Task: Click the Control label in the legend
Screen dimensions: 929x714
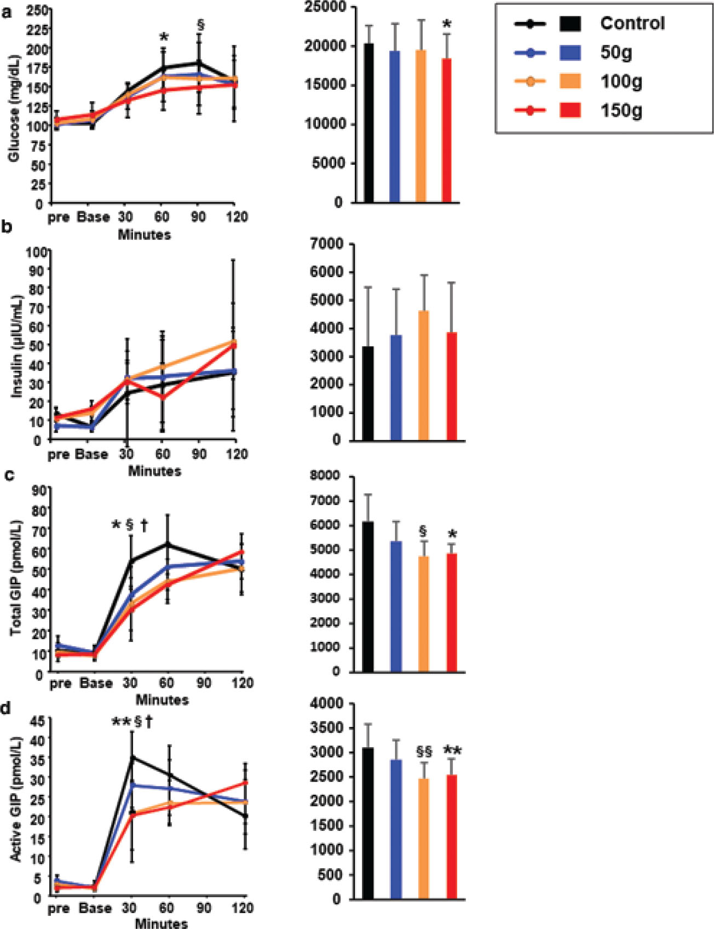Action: pyautogui.click(x=632, y=24)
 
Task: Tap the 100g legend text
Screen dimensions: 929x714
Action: pyautogui.click(x=621, y=82)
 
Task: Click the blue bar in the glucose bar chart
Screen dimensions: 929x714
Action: pyautogui.click(x=395, y=127)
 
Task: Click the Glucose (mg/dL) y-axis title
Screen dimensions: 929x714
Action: pyautogui.click(x=14, y=108)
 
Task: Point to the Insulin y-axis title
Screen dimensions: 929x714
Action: pyautogui.click(x=16, y=346)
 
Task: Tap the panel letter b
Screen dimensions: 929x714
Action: pyautogui.click(x=7, y=227)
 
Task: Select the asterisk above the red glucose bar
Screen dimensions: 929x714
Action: pyautogui.click(x=447, y=25)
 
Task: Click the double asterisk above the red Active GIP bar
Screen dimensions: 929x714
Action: pyautogui.click(x=452, y=750)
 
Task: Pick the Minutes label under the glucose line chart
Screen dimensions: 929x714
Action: pyautogui.click(x=145, y=235)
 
